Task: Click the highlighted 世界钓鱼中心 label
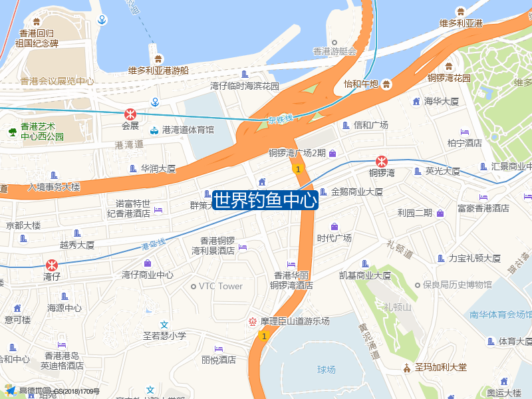pyautogui.click(x=265, y=200)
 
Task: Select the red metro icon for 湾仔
pyautogui.click(x=52, y=265)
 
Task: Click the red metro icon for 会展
pyautogui.click(x=130, y=113)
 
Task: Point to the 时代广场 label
pyautogui.click(x=334, y=238)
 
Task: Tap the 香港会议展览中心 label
pyautogui.click(x=57, y=82)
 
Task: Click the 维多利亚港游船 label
pyautogui.click(x=158, y=70)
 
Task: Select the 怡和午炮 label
pyautogui.click(x=361, y=84)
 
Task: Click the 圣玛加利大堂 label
pyautogui.click(x=442, y=367)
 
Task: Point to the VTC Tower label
pyautogui.click(x=221, y=287)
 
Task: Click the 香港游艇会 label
pyautogui.click(x=335, y=51)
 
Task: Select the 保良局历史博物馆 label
pyautogui.click(x=458, y=285)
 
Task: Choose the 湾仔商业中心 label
pyautogui.click(x=148, y=275)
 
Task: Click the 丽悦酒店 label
pyautogui.click(x=219, y=360)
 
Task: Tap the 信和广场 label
pyautogui.click(x=370, y=125)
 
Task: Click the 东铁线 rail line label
pyautogui.click(x=280, y=120)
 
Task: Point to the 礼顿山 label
pyautogui.click(x=398, y=307)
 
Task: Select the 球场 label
pyautogui.click(x=327, y=369)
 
